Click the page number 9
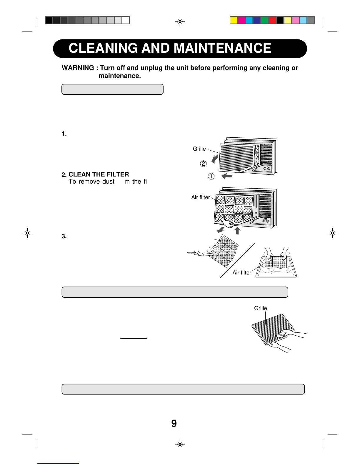coord(174,424)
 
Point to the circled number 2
coord(203,164)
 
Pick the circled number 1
coord(211,177)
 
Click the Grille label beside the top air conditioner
coord(199,149)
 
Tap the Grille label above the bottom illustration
coord(260,308)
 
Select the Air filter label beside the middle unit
coord(201,197)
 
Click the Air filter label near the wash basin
coord(242,273)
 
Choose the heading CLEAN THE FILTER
coord(99,174)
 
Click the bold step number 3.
coord(64,237)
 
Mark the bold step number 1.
coord(64,134)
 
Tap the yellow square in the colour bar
coord(234,20)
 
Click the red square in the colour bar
coord(272,20)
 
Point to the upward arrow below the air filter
coord(237,230)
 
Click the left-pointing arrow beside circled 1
coord(227,176)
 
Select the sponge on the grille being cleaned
coord(281,334)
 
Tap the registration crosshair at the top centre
coord(180,21)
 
